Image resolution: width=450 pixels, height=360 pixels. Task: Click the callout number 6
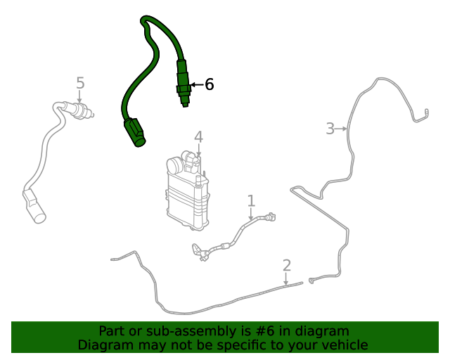[x=209, y=85]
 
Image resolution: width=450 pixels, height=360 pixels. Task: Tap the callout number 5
[x=80, y=83]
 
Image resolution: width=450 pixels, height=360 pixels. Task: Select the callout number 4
[x=198, y=136]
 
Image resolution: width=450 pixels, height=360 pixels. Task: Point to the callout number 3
[x=330, y=129]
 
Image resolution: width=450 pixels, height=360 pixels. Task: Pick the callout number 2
[x=286, y=265]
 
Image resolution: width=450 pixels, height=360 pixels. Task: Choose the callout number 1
[x=251, y=202]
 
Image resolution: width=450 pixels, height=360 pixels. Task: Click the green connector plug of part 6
[x=134, y=132]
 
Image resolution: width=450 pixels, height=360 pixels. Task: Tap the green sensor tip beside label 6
[x=182, y=88]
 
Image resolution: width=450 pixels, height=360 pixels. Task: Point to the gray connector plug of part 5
[x=34, y=207]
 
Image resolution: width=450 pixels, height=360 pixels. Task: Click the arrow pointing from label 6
[x=196, y=85]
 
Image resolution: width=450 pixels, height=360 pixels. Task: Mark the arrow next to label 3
[x=342, y=129]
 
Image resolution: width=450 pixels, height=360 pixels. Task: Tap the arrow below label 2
[x=286, y=280]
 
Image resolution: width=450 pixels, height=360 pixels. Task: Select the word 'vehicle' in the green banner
[x=343, y=345]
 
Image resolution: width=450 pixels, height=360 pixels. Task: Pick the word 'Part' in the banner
[x=112, y=331]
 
